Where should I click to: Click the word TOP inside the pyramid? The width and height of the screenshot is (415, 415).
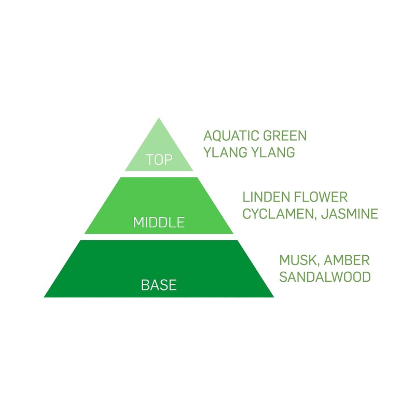pos(159,160)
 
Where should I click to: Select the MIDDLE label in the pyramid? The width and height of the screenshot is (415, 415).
pos(159,223)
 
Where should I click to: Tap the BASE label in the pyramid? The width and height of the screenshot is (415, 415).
pos(159,285)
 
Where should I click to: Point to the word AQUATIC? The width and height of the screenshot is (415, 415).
pos(231,136)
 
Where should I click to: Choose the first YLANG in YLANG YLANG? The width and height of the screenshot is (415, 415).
pos(225,152)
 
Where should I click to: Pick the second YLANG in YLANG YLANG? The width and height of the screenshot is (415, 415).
pos(273,152)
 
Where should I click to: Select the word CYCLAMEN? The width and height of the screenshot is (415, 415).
pos(278,214)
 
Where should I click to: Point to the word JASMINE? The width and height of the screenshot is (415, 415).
pos(350,214)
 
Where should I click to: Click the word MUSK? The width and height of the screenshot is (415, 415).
pos(297,260)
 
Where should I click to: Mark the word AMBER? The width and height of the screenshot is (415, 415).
pos(347,260)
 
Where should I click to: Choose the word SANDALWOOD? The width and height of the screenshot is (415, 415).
pos(325,277)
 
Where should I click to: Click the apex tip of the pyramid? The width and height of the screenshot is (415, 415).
pos(159,118)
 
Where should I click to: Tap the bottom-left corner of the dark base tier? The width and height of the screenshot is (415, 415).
pos(44,297)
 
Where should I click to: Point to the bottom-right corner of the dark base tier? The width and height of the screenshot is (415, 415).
pos(274,297)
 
